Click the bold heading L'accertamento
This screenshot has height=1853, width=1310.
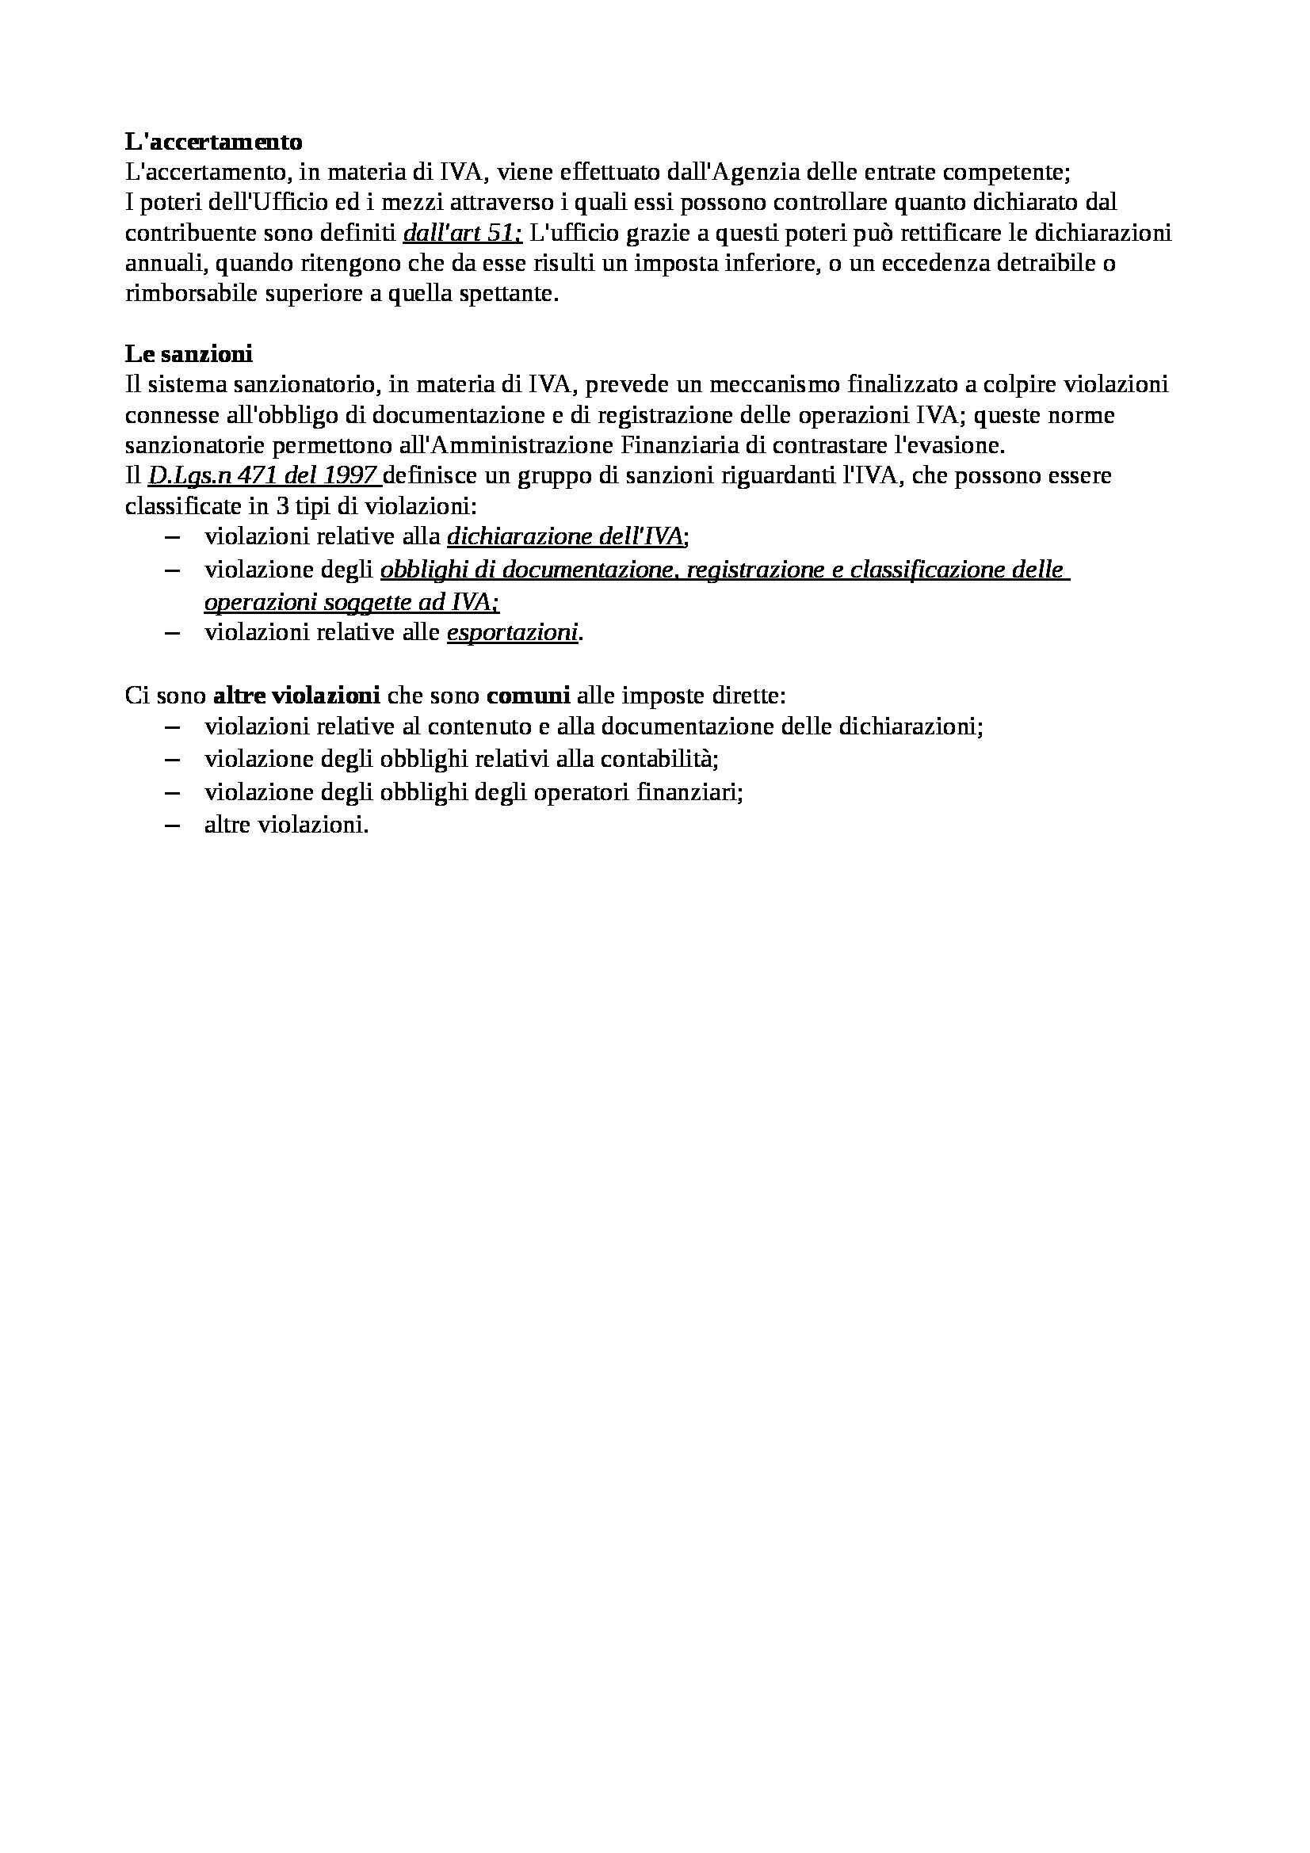point(213,142)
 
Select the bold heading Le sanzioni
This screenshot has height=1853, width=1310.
point(188,353)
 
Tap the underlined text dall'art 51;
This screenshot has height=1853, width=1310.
point(463,233)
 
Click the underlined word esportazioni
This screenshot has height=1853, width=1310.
point(512,633)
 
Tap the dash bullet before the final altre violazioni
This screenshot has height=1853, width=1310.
point(171,825)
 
